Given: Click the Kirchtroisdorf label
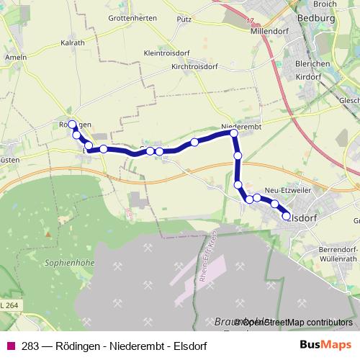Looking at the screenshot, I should click(x=194, y=66).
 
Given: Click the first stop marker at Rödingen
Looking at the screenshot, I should click(x=72, y=124).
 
